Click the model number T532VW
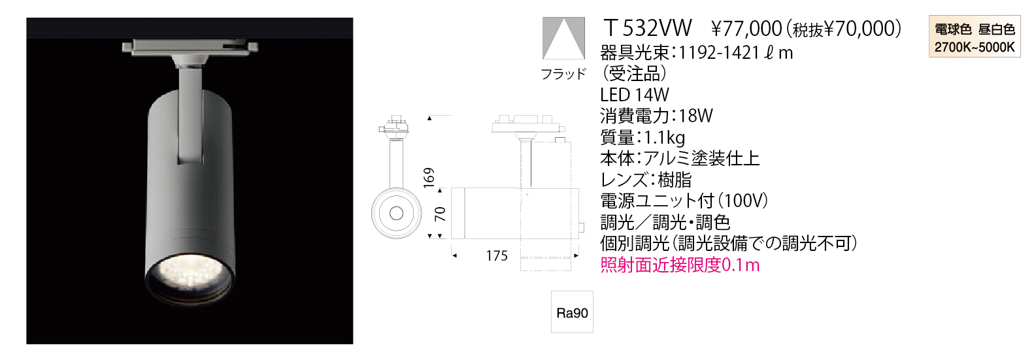point(648,28)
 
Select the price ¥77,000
point(747,29)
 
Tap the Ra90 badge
point(572,312)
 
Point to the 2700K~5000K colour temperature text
point(975,47)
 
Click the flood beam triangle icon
point(563,39)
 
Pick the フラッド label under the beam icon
point(563,74)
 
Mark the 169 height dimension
point(429,178)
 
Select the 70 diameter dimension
point(440,214)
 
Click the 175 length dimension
point(497,255)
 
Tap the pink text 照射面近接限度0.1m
point(680,265)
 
